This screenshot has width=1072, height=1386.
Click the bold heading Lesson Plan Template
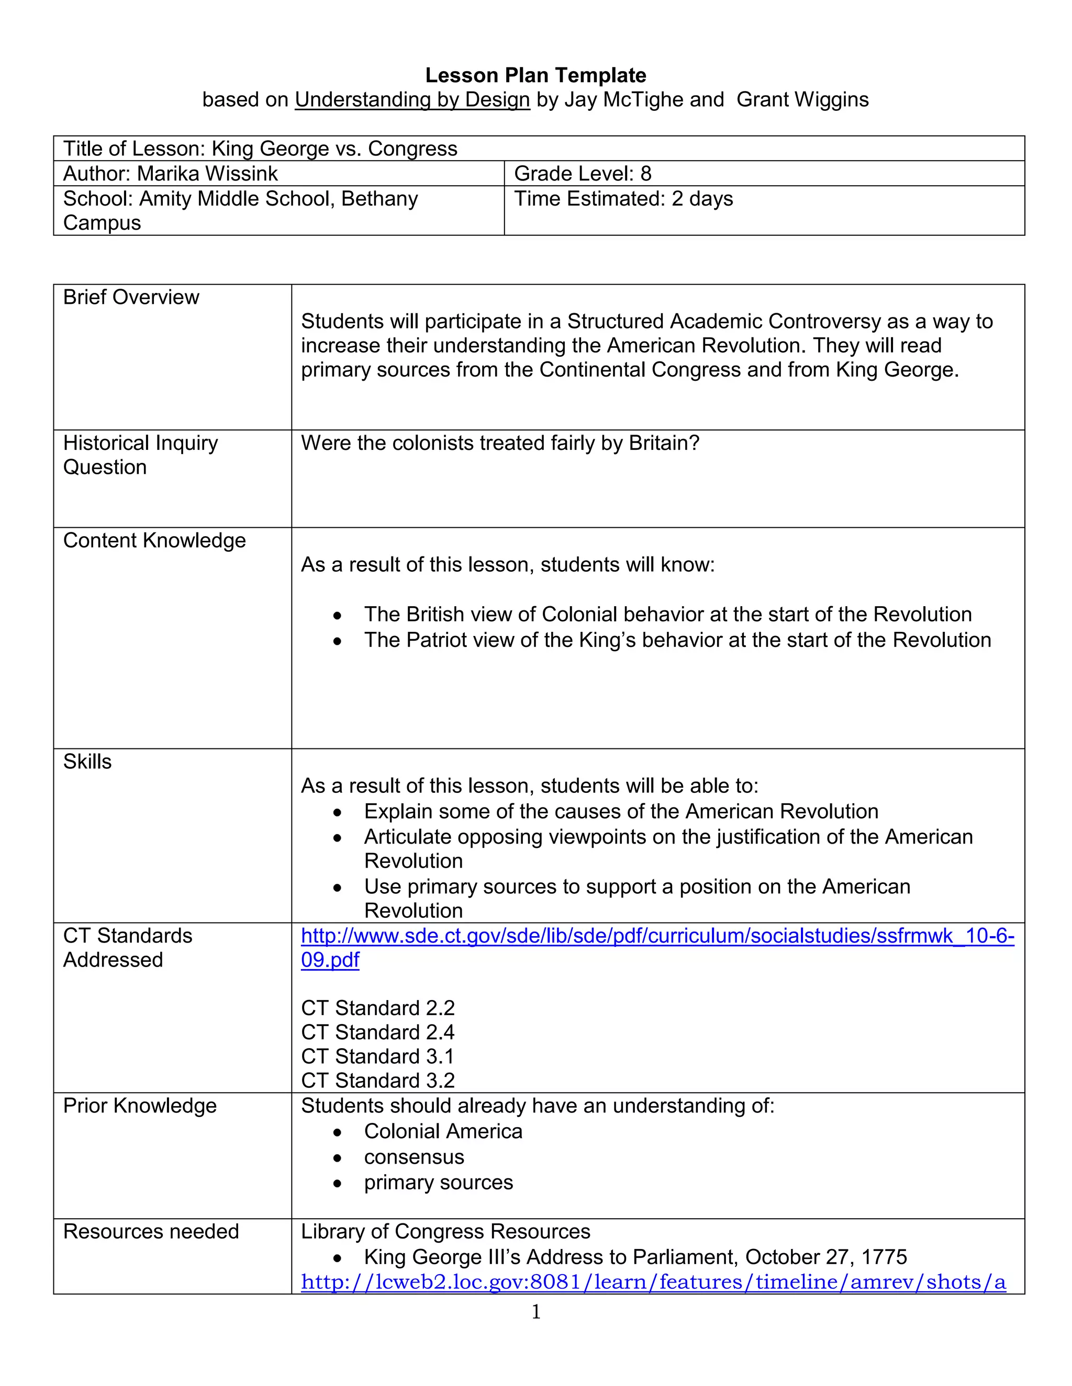tap(535, 75)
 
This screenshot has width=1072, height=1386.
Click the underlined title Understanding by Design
tap(412, 99)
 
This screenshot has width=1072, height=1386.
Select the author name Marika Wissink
tap(207, 173)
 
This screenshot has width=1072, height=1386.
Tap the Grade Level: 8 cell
tap(583, 173)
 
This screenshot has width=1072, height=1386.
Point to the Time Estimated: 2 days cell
tap(623, 199)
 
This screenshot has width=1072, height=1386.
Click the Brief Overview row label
tap(131, 297)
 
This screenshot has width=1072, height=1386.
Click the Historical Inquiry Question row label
tap(140, 455)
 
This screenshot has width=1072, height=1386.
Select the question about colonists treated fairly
tap(500, 443)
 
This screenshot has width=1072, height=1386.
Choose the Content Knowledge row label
tap(154, 540)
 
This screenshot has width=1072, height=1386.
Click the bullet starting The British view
tap(667, 615)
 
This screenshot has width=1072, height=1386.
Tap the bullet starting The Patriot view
tap(677, 640)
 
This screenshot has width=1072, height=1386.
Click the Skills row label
tap(87, 762)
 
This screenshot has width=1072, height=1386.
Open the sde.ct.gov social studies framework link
tap(657, 936)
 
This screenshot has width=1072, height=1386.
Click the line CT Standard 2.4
tap(377, 1032)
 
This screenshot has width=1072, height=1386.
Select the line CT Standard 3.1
tap(377, 1056)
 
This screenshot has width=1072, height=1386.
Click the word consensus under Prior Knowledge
tap(414, 1157)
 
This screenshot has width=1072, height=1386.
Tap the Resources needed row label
tap(151, 1231)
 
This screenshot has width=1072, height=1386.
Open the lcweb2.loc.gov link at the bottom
tap(653, 1282)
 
